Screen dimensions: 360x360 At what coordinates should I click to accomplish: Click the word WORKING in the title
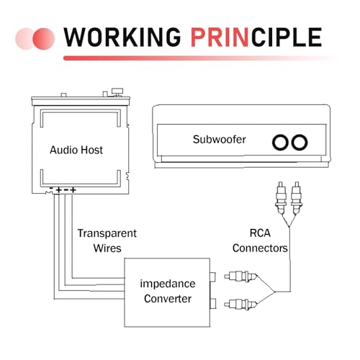pyautogui.click(x=122, y=37)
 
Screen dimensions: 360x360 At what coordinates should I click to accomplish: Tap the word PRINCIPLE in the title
pyautogui.click(x=256, y=37)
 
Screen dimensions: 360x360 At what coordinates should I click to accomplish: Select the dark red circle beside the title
pyautogui.click(x=44, y=39)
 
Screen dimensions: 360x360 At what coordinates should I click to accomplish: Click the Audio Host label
pyautogui.click(x=76, y=150)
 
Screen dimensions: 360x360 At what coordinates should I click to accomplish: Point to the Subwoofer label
pyautogui.click(x=220, y=140)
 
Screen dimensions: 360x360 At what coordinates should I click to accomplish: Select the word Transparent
pyautogui.click(x=107, y=233)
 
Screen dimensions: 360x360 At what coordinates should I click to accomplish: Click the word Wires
pyautogui.click(x=107, y=248)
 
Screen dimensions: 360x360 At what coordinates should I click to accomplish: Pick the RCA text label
pyautogui.click(x=260, y=233)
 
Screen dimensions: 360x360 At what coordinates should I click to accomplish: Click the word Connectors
pyautogui.click(x=260, y=248)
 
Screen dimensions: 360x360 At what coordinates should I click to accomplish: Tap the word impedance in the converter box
pyautogui.click(x=168, y=284)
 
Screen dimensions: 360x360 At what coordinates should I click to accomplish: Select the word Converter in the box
pyautogui.click(x=168, y=299)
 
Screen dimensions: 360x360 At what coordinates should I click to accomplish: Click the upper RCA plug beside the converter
pyautogui.click(x=240, y=276)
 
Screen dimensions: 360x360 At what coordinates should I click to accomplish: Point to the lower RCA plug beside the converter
pyautogui.click(x=240, y=305)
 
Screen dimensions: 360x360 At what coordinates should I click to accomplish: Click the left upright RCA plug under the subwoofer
pyautogui.click(x=281, y=197)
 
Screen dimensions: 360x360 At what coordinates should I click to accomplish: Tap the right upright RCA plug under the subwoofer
pyautogui.click(x=297, y=197)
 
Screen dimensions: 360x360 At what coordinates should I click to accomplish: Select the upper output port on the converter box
pyautogui.click(x=213, y=277)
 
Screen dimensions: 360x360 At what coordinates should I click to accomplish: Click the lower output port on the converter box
pyautogui.click(x=213, y=304)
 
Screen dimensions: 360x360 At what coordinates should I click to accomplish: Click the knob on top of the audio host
pyautogui.click(x=117, y=92)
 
